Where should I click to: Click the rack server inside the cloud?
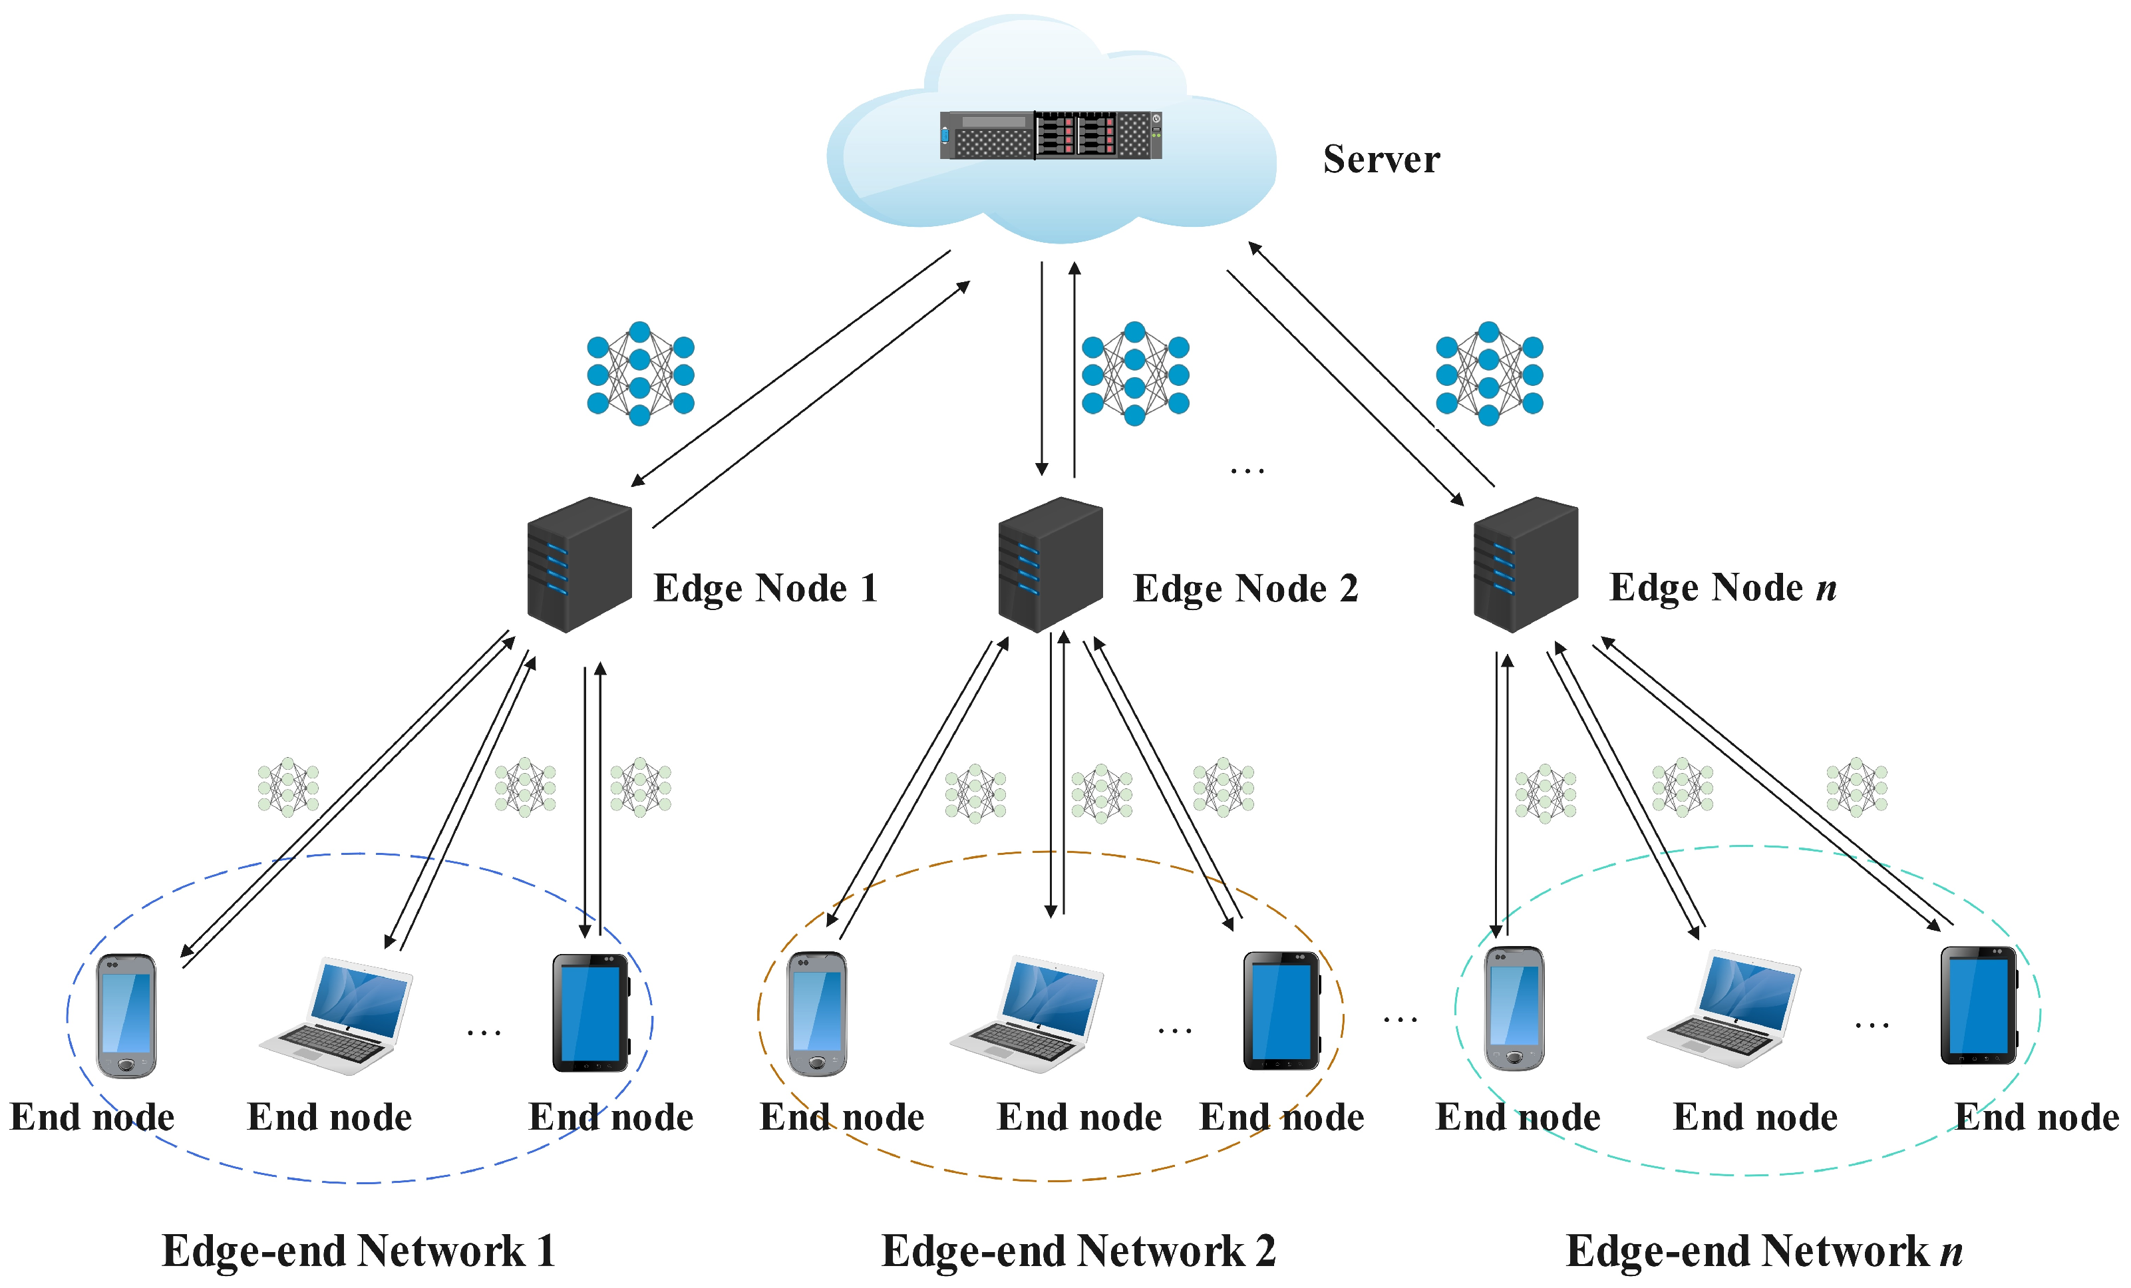(1051, 135)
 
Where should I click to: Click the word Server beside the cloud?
(1381, 159)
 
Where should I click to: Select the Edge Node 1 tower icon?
(579, 564)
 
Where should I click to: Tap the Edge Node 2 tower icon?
(1050, 564)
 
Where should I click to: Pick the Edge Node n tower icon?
(1526, 564)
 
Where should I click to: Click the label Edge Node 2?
(1245, 588)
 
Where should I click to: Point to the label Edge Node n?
(1722, 587)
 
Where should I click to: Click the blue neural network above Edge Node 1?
(640, 374)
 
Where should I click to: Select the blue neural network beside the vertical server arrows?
(1134, 374)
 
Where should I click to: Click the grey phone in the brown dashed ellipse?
(816, 1014)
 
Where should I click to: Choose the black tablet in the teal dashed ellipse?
(1979, 1005)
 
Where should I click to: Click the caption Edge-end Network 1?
(358, 1251)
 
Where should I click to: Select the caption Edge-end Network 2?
(1078, 1251)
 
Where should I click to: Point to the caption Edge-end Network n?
(1764, 1251)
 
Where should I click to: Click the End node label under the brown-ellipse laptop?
(1078, 1118)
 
